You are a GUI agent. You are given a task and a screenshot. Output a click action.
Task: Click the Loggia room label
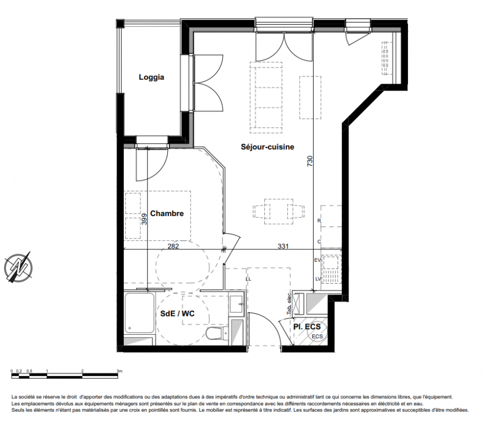pos(151,77)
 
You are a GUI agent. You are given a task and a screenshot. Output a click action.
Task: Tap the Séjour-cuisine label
pos(267,147)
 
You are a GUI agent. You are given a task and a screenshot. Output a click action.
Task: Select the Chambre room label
pos(167,213)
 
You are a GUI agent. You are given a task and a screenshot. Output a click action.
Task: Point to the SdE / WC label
pos(177,314)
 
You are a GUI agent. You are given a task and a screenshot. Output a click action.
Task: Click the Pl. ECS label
pos(307,327)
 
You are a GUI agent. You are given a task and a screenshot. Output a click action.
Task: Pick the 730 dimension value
pos(310,161)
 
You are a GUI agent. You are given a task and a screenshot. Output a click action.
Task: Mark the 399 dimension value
pos(144,219)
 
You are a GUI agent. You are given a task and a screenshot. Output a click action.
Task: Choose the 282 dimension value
pos(173,246)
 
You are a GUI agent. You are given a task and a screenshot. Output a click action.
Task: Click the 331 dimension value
pos(283,246)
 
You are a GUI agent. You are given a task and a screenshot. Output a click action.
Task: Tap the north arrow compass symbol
pos(19,267)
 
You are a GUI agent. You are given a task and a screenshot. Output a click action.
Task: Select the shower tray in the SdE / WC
pos(139,313)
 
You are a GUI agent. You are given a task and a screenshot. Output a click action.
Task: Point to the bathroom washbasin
pos(237,304)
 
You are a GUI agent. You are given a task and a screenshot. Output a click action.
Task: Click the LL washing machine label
pos(249,279)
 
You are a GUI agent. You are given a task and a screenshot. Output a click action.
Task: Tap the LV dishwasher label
pos(318,279)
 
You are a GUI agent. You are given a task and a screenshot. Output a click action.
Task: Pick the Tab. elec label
pos(289,304)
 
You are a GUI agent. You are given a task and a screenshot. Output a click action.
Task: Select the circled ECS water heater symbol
pos(317,336)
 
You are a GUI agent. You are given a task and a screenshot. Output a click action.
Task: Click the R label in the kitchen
pos(319,221)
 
